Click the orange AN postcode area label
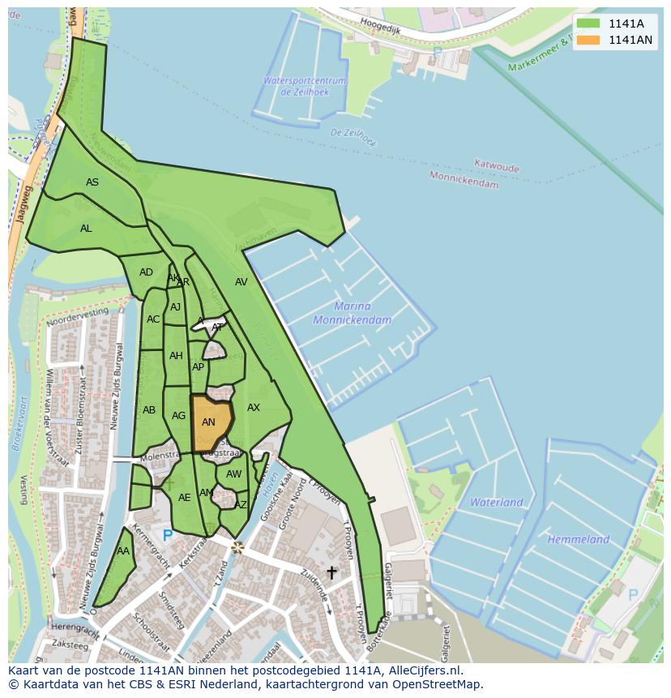pos(208,422)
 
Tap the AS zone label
pos(92,182)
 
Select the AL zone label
pos(86,229)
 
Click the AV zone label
pos(241,282)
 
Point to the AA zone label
pos(123,551)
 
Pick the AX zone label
pos(254,408)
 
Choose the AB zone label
pos(149,410)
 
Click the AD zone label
pos(146,272)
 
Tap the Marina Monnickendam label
pos(353,313)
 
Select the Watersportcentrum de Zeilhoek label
pos(304,86)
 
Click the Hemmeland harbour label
pos(578,539)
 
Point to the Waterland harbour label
pos(496,503)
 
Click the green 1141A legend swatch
pos(588,24)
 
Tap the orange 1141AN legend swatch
pos(588,40)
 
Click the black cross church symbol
pos(331,573)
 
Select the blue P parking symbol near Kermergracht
pos(168,536)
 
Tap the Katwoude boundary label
pos(497,166)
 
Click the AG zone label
pos(179,416)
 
